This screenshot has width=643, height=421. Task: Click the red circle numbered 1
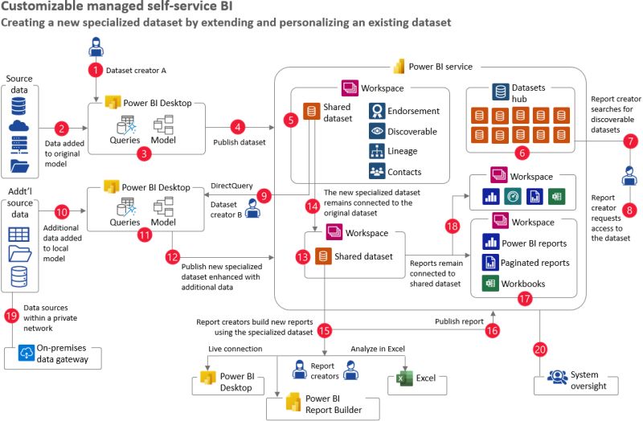[x=96, y=69]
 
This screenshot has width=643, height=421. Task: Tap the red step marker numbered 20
[x=540, y=349]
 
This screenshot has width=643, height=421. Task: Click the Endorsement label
[x=414, y=111]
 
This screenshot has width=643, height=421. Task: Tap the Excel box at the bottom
[x=411, y=378]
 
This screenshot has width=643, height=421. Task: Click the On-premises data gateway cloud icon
[x=23, y=355]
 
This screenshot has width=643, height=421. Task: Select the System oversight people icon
[x=556, y=376]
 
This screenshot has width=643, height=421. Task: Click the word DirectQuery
[x=233, y=186]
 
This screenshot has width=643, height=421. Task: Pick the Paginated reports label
[x=537, y=262]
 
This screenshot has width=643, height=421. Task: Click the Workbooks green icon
[x=489, y=283]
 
